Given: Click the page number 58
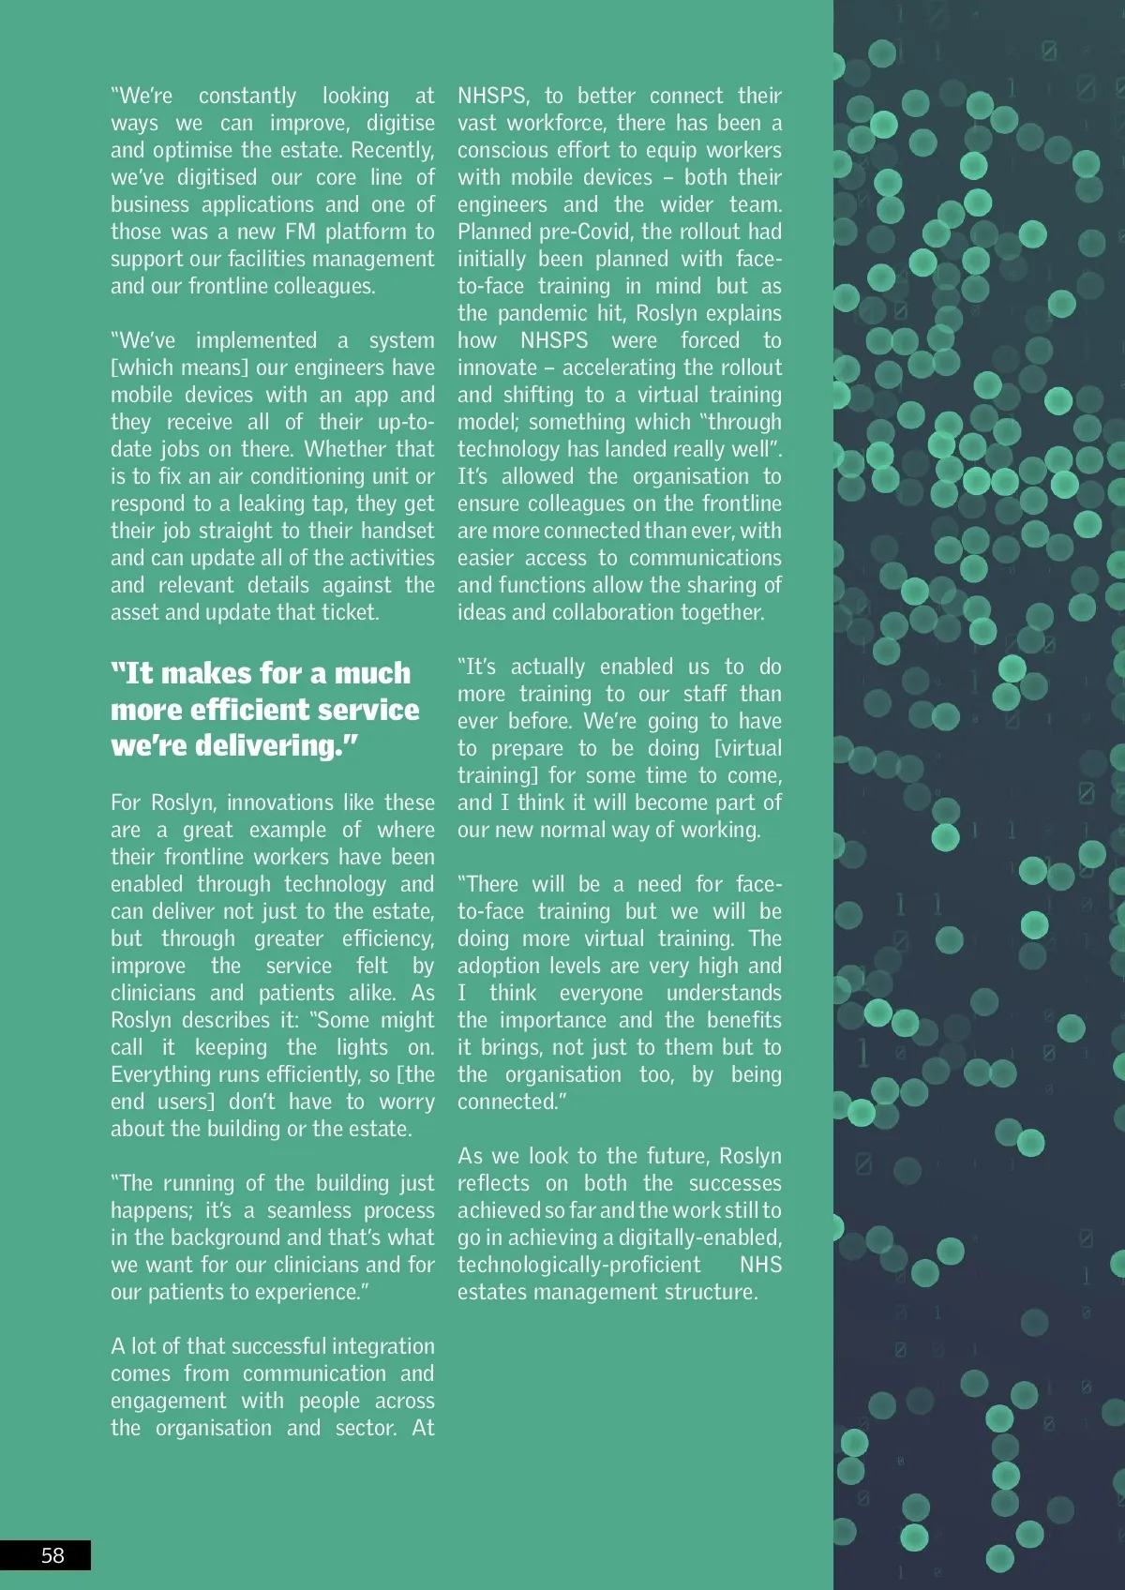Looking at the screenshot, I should [52, 1555].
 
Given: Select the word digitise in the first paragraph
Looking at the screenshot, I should [400, 124].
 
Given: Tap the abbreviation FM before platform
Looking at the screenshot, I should [300, 232].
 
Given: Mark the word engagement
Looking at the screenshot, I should [169, 1401].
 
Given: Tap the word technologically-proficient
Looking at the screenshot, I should [578, 1265].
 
